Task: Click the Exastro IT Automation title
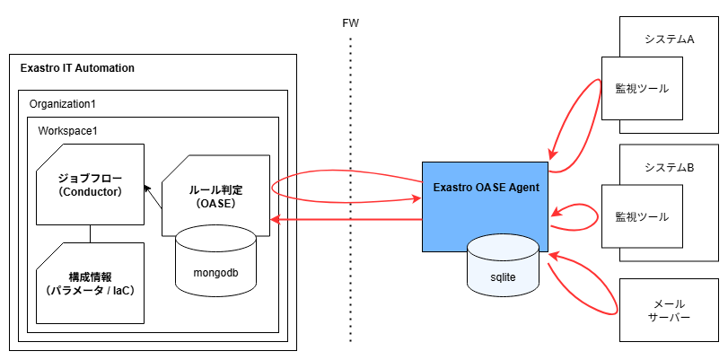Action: [77, 68]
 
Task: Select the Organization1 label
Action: [63, 104]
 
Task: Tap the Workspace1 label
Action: [67, 131]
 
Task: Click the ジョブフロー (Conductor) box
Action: [89, 183]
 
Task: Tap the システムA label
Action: [670, 40]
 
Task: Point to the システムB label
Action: [670, 168]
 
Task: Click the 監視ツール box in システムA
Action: [642, 89]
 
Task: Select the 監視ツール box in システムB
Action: [642, 217]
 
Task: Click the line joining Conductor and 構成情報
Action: [90, 233]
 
